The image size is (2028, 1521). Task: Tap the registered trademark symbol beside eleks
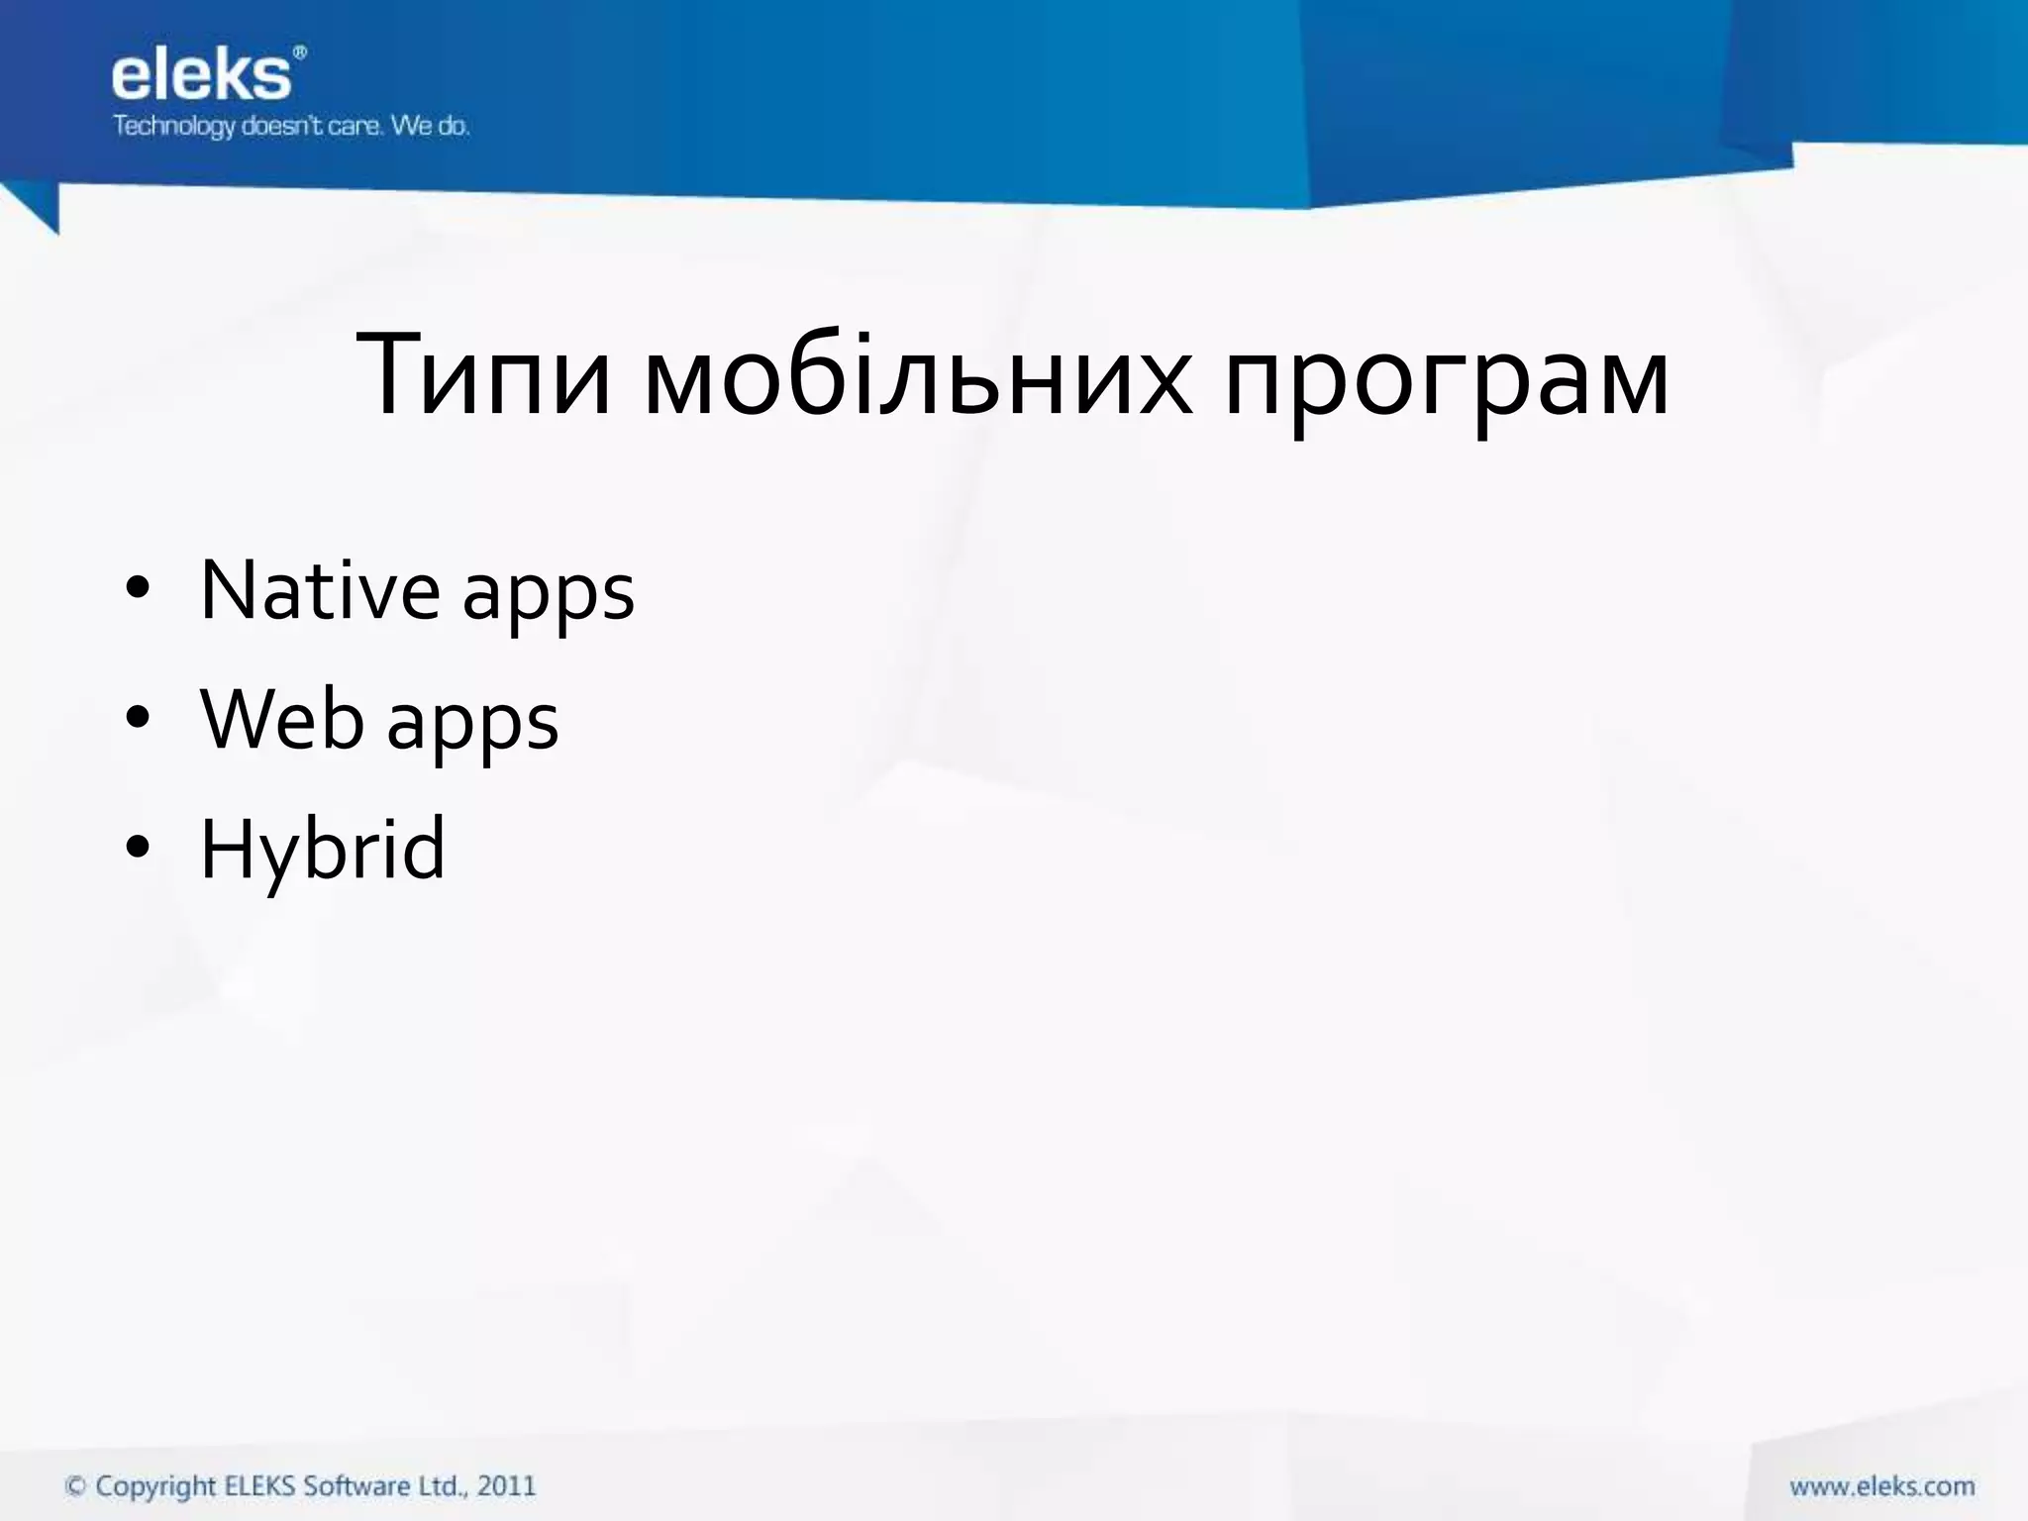(x=300, y=52)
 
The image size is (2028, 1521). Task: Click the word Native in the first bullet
(x=319, y=590)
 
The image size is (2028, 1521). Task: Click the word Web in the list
(x=282, y=720)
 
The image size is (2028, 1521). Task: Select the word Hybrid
(x=322, y=850)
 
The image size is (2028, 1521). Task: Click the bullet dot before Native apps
(x=138, y=589)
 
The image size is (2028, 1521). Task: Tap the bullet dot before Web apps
(x=138, y=719)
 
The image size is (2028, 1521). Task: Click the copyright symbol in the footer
(x=75, y=1486)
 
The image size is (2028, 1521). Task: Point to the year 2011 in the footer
(x=506, y=1486)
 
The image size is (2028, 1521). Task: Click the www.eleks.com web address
(x=1881, y=1486)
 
